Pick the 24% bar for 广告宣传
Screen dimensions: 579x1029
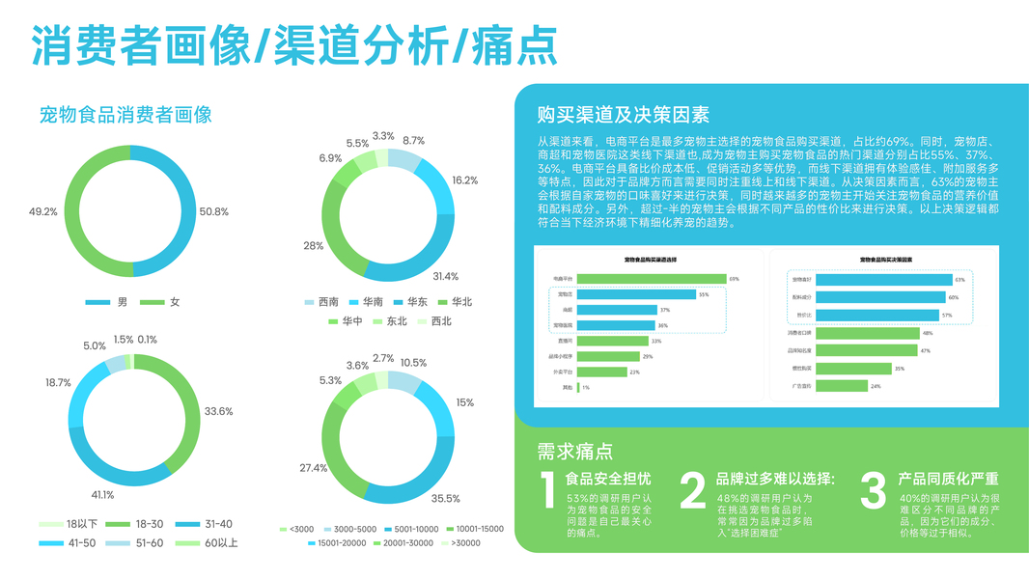coord(841,386)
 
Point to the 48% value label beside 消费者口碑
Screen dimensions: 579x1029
coord(927,333)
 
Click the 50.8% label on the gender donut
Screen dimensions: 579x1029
coord(213,211)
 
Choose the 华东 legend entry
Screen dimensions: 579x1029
coord(409,301)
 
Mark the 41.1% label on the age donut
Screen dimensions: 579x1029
coord(102,495)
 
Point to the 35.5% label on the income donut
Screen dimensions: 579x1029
coord(445,499)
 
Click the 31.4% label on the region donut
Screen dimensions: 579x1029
coord(445,277)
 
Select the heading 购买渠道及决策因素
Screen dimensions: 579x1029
coord(623,115)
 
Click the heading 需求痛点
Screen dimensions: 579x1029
coord(575,452)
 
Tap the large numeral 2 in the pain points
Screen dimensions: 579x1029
coord(693,491)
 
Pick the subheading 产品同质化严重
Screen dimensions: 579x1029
coord(948,479)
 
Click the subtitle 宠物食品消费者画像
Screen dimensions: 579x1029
coord(125,115)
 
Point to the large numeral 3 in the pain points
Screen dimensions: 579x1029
coord(873,491)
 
